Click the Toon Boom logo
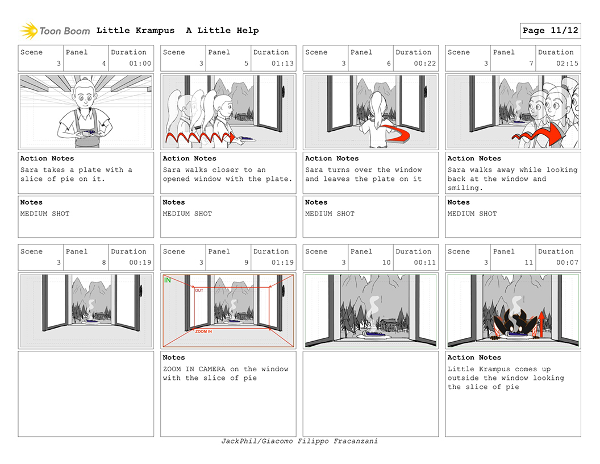pos(55,31)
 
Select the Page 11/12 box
pos(550,31)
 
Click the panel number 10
pos(386,263)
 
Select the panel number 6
pos(389,64)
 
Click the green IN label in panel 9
pos(167,280)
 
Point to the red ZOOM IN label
pos(203,331)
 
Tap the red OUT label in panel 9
pos(199,290)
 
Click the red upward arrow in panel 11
pos(541,324)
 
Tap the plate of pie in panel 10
pos(373,335)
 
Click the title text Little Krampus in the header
pos(135,31)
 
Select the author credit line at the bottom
pos(299,441)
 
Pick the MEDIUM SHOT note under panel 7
pos(472,214)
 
